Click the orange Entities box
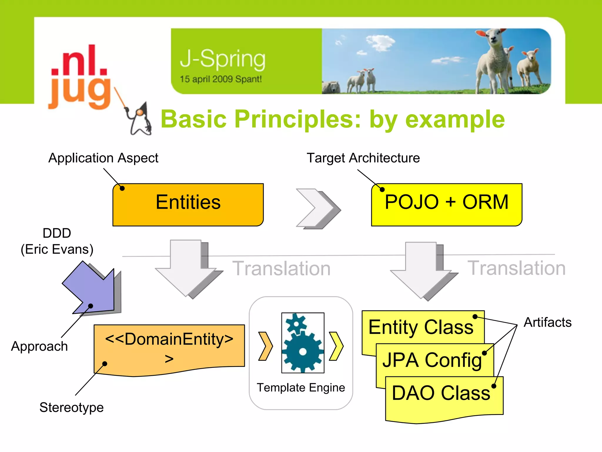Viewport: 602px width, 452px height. tap(188, 205)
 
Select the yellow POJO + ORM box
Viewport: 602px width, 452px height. tap(447, 205)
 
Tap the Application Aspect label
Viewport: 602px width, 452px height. tap(103, 158)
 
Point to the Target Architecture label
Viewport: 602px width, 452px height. tap(363, 158)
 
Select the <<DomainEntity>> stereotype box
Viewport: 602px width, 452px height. tap(169, 349)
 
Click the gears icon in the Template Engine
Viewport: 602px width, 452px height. tap(303, 343)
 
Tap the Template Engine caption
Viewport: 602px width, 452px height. tap(301, 388)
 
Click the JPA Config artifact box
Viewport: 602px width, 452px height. tap(432, 360)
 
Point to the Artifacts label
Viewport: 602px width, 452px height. tap(548, 322)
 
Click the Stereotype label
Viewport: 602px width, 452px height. tap(71, 408)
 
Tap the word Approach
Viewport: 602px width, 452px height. tap(39, 346)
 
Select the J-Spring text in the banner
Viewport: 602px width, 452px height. tap(223, 59)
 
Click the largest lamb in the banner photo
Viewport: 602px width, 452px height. tap(494, 59)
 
